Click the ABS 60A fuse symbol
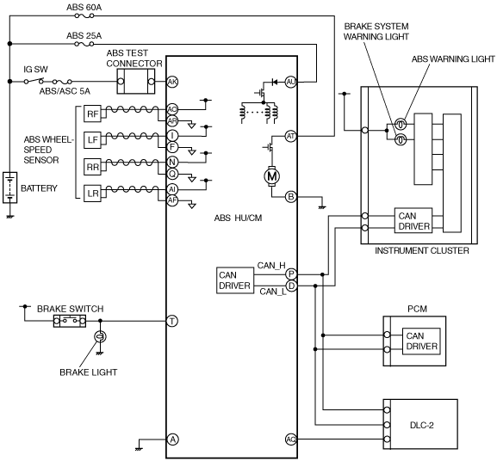pos(84,15)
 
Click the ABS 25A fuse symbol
pos(84,44)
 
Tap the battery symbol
pos(9,187)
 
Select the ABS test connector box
pos(136,82)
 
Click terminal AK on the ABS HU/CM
pos(172,82)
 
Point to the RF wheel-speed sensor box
pos(92,114)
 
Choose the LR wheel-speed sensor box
pos(92,194)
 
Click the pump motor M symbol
pos(272,176)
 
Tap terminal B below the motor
pos(290,197)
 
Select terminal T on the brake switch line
pos(172,322)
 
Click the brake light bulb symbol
pos(100,336)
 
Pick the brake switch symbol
pos(70,321)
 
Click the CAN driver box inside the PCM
pos(421,341)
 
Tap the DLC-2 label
pos(422,425)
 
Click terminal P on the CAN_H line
pos(291,274)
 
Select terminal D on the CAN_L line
pos(291,286)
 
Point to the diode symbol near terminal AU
pos(275,83)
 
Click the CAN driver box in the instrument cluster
pos(413,220)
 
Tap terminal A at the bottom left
pos(172,439)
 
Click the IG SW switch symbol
pos(34,81)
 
